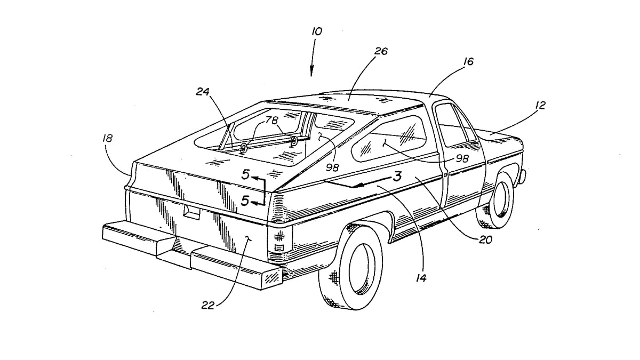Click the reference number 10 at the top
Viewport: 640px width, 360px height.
point(317,31)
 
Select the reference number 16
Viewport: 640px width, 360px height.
point(468,62)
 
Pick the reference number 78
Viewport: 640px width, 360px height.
point(272,121)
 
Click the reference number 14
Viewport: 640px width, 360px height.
point(421,277)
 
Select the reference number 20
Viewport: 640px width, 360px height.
point(485,240)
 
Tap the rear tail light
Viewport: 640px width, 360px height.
point(278,240)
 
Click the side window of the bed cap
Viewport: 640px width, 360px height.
point(393,139)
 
